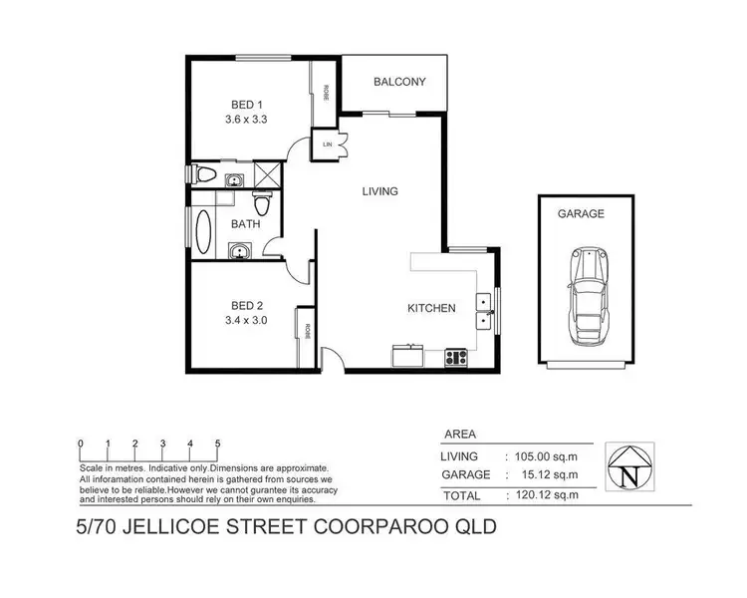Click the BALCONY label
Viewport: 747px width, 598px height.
pos(400,82)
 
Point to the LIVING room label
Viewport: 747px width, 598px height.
pos(380,191)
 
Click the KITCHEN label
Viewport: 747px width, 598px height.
pos(431,308)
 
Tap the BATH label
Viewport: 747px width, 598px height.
pos(245,225)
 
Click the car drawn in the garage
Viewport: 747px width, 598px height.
pos(589,295)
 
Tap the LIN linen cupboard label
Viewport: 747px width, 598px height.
pos(327,145)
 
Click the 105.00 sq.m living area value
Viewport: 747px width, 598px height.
pos(542,456)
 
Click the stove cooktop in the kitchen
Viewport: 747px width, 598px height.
pos(455,355)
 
